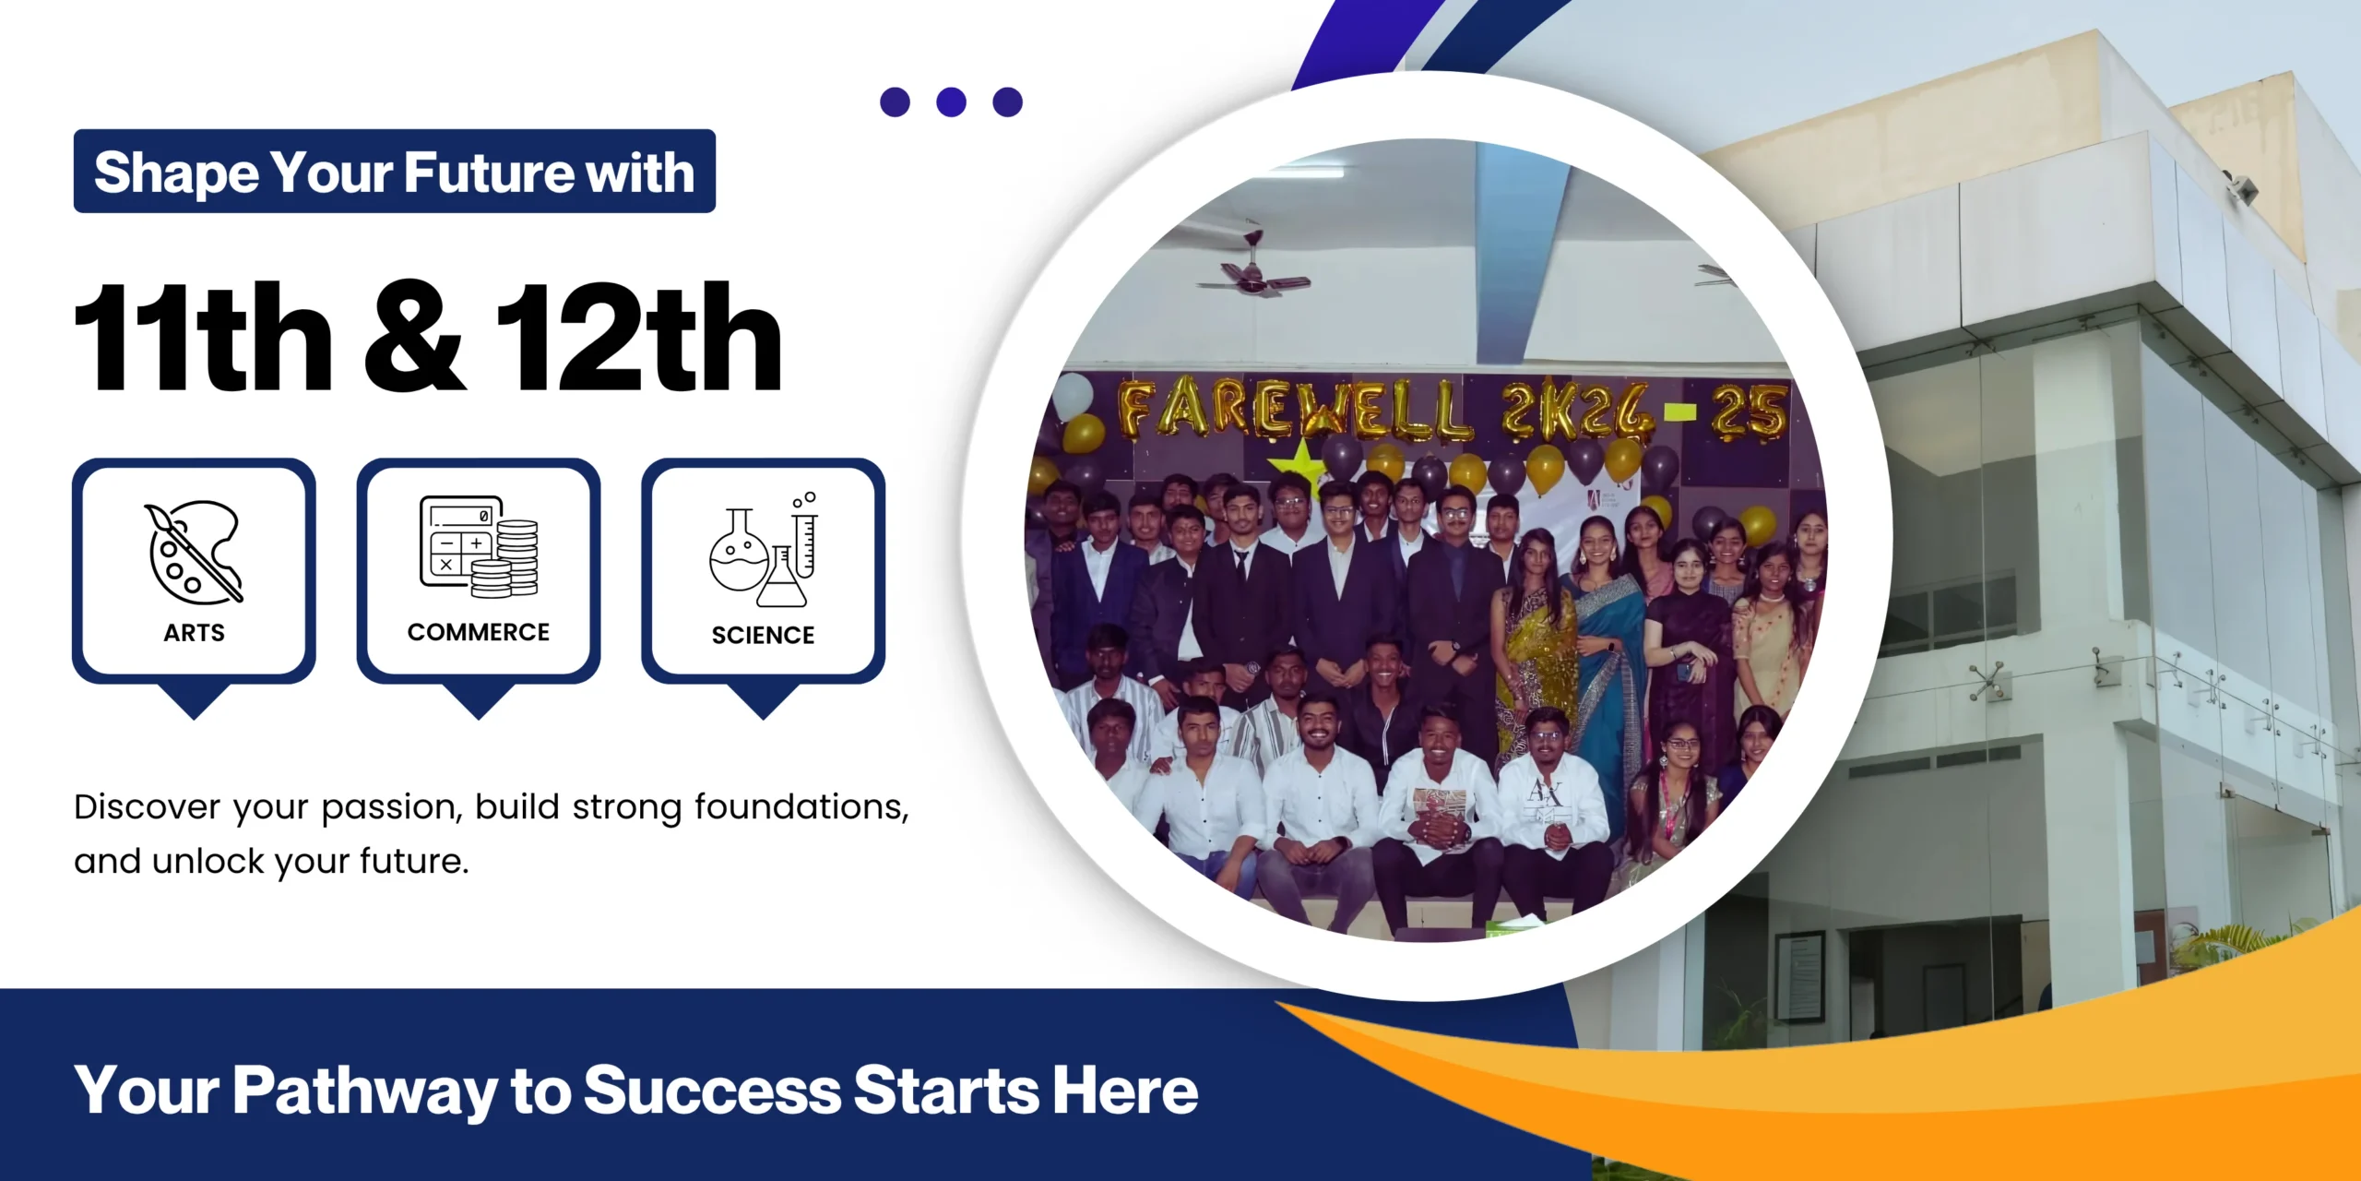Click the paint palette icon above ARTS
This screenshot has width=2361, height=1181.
click(x=194, y=552)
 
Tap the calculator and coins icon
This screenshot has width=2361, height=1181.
click(x=479, y=546)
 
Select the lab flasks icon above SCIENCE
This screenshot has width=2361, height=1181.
click(x=764, y=549)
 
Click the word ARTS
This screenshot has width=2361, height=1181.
click(x=194, y=633)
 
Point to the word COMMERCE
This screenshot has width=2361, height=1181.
click(x=479, y=632)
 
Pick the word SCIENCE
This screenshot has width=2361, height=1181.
click(x=764, y=636)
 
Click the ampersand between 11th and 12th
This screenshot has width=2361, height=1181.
click(x=414, y=336)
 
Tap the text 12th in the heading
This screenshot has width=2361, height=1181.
click(x=639, y=336)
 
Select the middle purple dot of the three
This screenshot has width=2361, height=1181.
click(x=951, y=101)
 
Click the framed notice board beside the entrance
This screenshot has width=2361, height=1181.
click(x=1800, y=976)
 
